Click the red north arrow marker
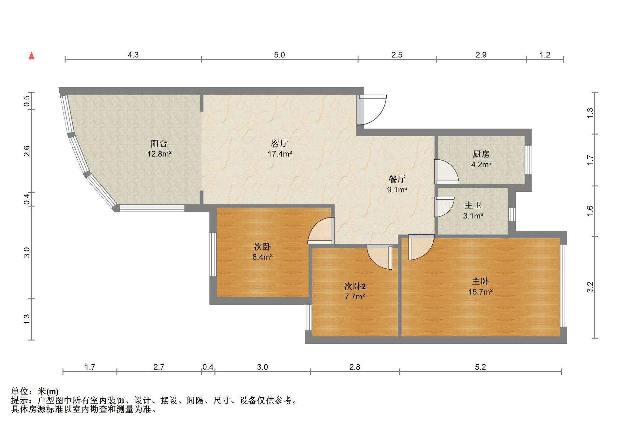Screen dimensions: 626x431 [32, 56]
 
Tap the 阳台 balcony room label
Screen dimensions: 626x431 [159, 143]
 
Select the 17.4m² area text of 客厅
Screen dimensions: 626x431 [280, 154]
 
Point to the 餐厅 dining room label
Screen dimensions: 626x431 [397, 179]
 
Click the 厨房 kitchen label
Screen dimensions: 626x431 [481, 154]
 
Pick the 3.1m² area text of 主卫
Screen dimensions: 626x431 [473, 216]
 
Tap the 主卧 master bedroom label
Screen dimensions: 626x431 [481, 281]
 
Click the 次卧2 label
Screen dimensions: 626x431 [355, 286]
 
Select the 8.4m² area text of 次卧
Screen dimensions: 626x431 [262, 257]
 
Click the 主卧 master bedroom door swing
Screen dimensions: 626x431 [421, 247]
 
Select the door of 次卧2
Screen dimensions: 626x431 [380, 257]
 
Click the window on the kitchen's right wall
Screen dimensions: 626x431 [529, 160]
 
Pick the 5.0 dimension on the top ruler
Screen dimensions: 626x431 [279, 55]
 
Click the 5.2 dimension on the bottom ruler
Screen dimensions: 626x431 [480, 367]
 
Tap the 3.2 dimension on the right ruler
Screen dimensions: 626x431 [590, 287]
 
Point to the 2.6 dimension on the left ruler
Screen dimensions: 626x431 [27, 151]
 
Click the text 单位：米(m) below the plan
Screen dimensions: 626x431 [35, 391]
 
